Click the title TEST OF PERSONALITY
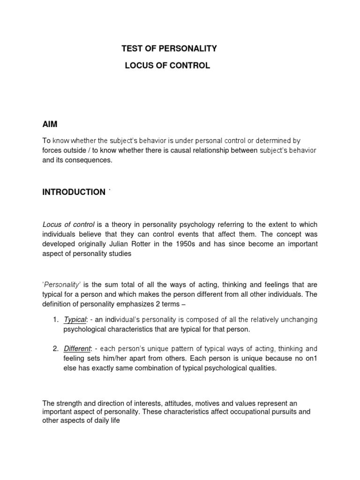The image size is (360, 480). coord(169,48)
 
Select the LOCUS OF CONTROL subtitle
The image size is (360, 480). coord(167,66)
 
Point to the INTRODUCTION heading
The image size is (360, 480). coord(74,192)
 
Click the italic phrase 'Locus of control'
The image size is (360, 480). coord(68,225)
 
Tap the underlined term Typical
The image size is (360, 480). coord(75,319)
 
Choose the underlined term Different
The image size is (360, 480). coord(77,348)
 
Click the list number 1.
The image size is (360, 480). coord(55,319)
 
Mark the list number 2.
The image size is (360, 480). coord(55,348)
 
